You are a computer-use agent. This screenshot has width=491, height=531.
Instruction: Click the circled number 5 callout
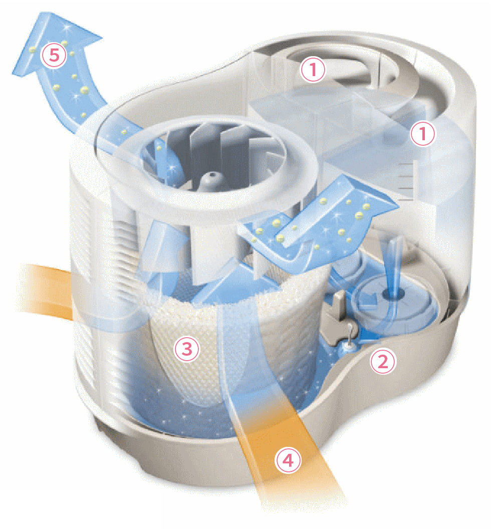54,56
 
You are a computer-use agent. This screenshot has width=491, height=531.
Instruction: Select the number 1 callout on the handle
313,70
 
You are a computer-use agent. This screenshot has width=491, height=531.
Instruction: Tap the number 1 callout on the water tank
422,133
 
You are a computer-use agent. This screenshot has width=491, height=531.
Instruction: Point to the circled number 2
383,361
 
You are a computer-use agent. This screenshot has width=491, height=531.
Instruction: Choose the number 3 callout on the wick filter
187,349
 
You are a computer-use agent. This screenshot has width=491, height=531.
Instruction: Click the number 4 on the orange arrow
288,459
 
